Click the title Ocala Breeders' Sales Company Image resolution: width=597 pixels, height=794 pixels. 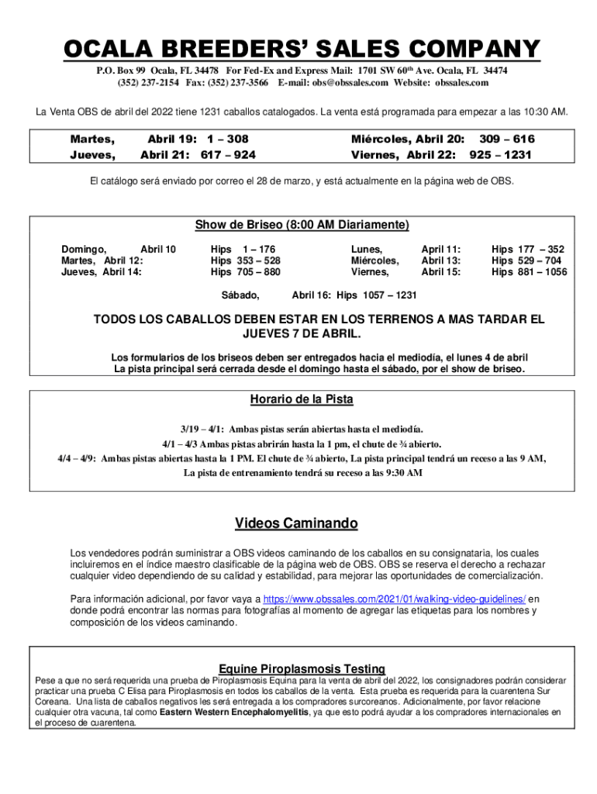point(301,49)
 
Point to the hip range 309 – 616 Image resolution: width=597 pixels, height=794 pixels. point(507,140)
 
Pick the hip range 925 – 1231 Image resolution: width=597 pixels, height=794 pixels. point(502,154)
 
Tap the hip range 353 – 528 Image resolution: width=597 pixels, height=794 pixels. point(258,261)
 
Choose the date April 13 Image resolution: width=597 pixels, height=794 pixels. point(440,261)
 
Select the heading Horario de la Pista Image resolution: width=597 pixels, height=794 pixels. point(301,399)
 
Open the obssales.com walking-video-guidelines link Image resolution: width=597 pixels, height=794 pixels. point(395,599)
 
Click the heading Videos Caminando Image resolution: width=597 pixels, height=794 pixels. point(296,524)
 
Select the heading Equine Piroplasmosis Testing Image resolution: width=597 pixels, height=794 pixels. point(302,668)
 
